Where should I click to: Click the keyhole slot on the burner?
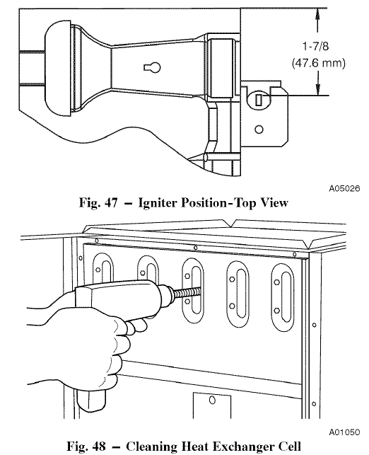pos(153,67)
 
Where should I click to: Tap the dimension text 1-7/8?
pos(316,46)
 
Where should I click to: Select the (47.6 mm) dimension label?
pos(318,63)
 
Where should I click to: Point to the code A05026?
pos(344,188)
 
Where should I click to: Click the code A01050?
pos(344,432)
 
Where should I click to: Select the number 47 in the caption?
pos(110,202)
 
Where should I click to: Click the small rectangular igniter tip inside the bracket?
pos(259,100)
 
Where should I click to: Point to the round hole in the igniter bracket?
pos(259,129)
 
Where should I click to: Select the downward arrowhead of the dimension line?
pos(318,89)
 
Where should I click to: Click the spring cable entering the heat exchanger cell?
pos(186,293)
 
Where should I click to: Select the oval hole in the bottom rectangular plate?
pos(212,400)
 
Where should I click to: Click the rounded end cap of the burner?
pos(58,68)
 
